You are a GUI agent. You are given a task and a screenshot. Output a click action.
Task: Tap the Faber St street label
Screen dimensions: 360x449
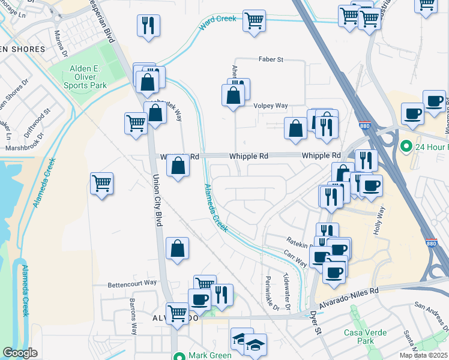[271, 59]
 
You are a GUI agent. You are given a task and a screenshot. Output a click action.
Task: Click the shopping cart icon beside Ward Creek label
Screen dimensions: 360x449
[255, 20]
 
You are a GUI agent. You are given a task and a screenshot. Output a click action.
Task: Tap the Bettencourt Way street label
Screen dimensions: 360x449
[132, 283]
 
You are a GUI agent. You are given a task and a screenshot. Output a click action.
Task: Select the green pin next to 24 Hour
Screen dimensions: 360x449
[406, 146]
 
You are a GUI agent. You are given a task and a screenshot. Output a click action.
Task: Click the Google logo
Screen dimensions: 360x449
[20, 353]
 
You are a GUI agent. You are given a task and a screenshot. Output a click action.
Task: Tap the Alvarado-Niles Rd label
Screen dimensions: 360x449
[350, 297]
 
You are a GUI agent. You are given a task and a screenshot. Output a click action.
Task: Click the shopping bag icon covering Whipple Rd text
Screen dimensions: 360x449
[178, 166]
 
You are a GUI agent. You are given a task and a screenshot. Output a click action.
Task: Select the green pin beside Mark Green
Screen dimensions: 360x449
[178, 356]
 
